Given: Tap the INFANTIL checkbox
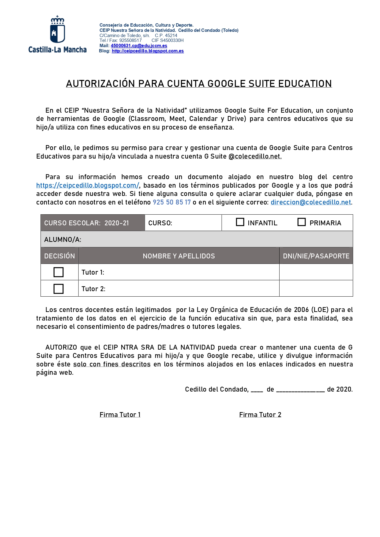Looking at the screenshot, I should tap(240, 222).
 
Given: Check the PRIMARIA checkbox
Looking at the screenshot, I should tap(302, 222).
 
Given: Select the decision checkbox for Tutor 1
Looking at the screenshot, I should tap(58, 272).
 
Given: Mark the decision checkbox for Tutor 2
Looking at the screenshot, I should tap(58, 289).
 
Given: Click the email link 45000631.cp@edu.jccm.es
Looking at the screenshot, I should tap(139, 46).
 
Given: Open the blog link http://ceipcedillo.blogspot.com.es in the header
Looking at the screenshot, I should tap(148, 51).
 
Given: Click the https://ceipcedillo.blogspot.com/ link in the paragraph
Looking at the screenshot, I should tap(88, 186).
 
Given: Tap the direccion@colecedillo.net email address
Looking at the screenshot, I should tap(310, 202).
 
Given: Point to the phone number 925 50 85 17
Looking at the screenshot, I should tap(172, 202).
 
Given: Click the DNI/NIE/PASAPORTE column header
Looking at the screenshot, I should tap(316, 256).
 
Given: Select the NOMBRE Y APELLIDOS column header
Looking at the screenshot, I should tap(179, 256).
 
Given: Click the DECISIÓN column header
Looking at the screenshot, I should tap(59, 256).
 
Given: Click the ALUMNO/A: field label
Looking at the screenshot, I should tap(63, 239).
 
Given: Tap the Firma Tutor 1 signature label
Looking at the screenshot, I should tap(120, 415).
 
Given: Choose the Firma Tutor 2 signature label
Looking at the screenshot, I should tap(260, 415).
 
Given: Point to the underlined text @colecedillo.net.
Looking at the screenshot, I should tap(255, 156).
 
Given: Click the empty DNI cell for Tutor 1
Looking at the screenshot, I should tap(316, 272).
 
